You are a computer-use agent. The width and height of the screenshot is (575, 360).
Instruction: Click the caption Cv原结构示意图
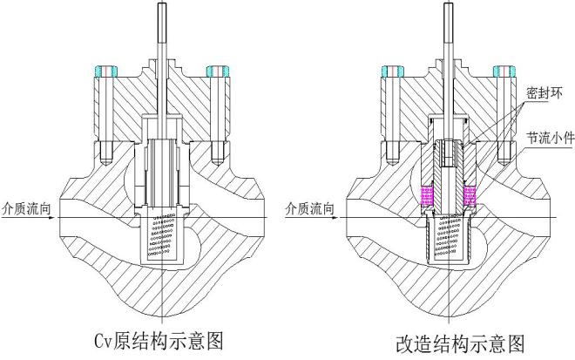coord(159,339)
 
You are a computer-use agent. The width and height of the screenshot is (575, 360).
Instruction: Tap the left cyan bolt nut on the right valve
coord(388,69)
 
